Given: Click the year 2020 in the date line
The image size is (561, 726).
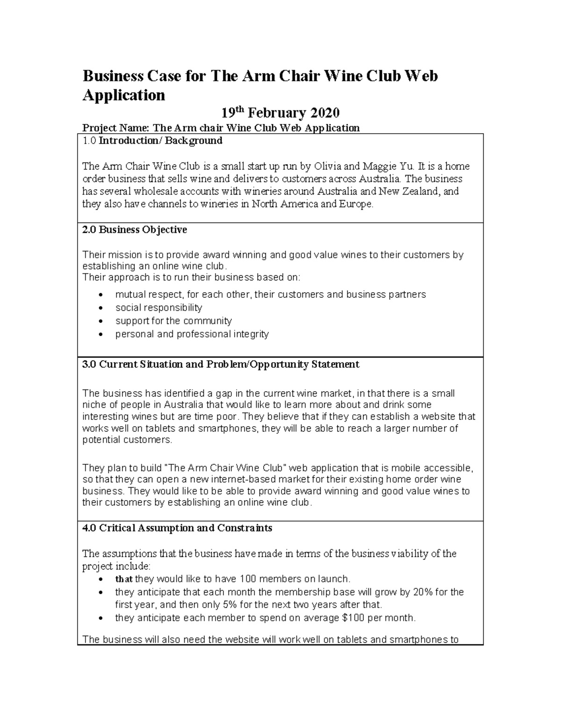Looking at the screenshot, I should tap(324, 113).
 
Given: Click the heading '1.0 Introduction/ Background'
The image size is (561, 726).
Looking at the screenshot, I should tap(152, 140).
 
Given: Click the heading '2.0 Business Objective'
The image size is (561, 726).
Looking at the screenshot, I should tap(135, 230).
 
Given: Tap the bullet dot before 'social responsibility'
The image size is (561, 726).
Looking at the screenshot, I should tap(101, 308).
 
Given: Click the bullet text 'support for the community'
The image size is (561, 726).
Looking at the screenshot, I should tap(173, 321).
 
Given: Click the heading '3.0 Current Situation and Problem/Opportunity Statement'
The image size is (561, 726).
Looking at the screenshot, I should tap(221, 364).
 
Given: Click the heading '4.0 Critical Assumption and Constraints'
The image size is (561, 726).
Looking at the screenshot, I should tap(177, 528).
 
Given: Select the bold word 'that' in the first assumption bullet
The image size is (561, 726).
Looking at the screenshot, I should tap(124, 579).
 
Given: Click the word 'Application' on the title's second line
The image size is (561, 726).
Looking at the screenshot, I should tap(124, 95).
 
